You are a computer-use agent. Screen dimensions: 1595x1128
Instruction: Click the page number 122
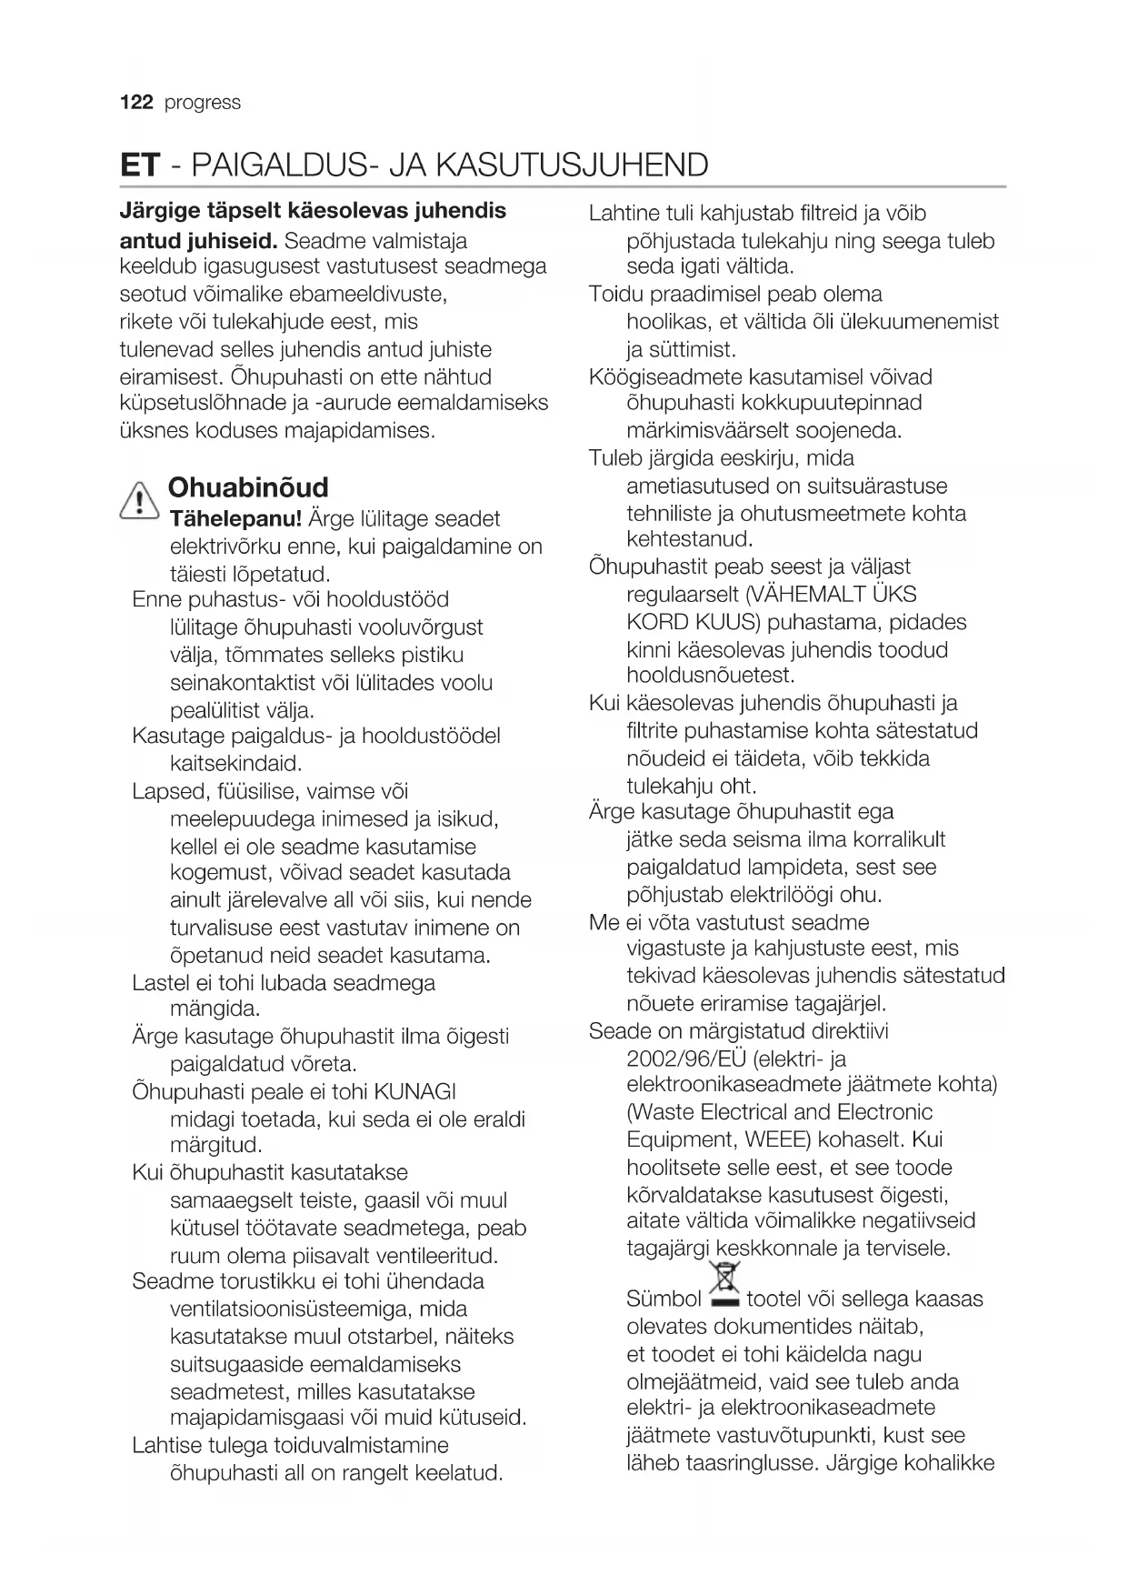pos(136,102)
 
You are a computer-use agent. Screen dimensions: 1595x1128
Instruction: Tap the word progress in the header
pos(203,103)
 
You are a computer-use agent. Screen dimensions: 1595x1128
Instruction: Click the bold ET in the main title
pos(140,166)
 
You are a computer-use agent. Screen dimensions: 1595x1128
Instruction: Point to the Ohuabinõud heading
pos(248,487)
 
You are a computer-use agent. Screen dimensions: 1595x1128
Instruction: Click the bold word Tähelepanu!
pos(236,519)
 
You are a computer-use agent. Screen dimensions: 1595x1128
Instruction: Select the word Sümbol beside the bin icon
pos(664,1299)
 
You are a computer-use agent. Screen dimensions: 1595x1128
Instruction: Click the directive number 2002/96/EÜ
pos(686,1058)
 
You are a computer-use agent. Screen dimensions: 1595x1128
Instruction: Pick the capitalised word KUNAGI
pos(415,1091)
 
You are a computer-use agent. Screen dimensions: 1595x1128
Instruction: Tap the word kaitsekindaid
pos(235,763)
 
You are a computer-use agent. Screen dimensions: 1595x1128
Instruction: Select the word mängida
pos(215,1008)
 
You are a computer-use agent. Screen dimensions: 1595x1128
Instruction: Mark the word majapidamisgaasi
pos(259,1418)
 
